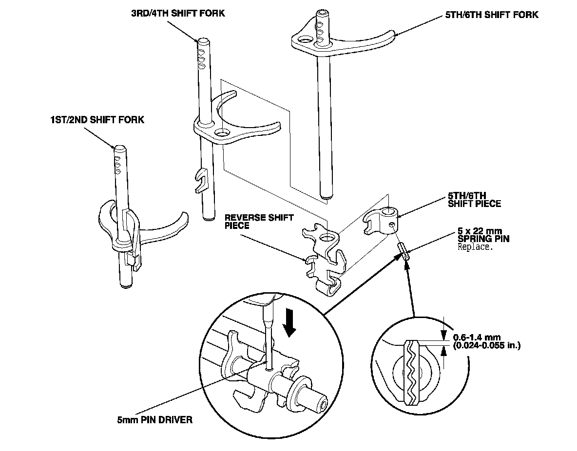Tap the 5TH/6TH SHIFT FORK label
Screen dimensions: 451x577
491,15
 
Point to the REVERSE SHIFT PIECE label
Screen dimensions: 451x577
252,222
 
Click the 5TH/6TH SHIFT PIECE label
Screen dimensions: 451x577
474,200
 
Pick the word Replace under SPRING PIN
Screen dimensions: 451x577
476,247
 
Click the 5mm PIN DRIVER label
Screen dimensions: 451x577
154,419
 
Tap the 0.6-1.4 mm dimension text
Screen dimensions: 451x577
477,337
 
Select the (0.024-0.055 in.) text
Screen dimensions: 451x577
486,346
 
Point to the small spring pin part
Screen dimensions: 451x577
404,252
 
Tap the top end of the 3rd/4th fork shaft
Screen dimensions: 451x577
203,41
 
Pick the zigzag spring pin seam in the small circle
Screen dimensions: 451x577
413,373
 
